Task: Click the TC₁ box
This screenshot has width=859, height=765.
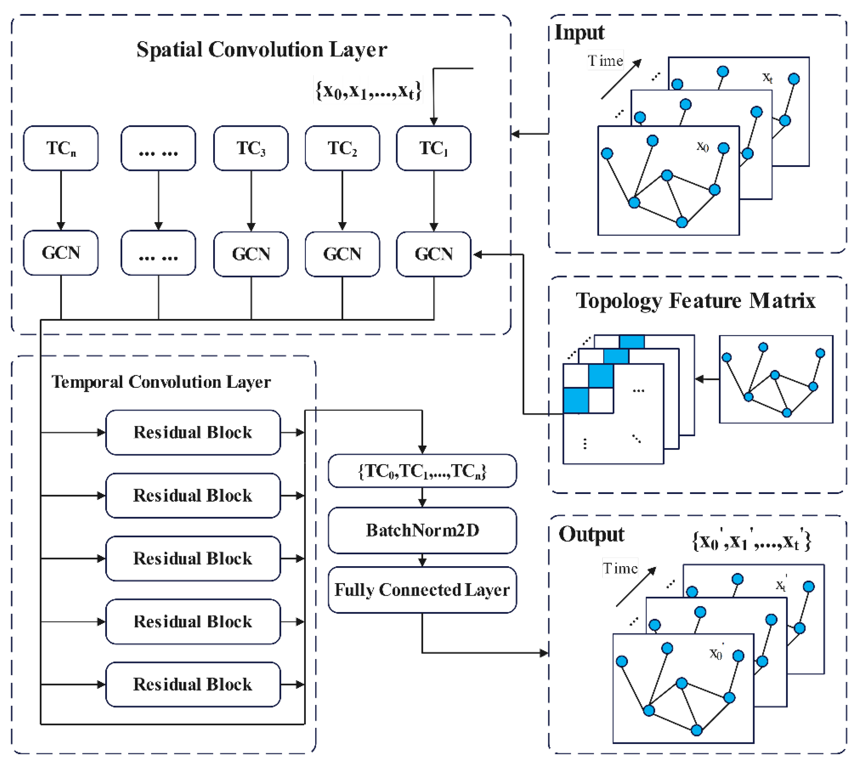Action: [x=434, y=148]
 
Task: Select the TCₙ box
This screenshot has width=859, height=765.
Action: [x=61, y=148]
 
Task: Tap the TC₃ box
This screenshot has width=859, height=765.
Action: [x=251, y=148]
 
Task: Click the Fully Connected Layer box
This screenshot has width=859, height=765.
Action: [x=422, y=590]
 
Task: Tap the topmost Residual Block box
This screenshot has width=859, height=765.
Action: [x=193, y=432]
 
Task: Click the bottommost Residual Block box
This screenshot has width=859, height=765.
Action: [x=193, y=684]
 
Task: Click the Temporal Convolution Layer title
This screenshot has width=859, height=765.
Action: [x=161, y=382]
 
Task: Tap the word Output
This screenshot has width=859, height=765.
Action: [x=591, y=535]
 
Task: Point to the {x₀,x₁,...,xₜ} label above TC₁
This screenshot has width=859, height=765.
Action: [x=368, y=90]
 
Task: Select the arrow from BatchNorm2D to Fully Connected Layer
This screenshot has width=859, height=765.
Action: [x=422, y=560]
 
